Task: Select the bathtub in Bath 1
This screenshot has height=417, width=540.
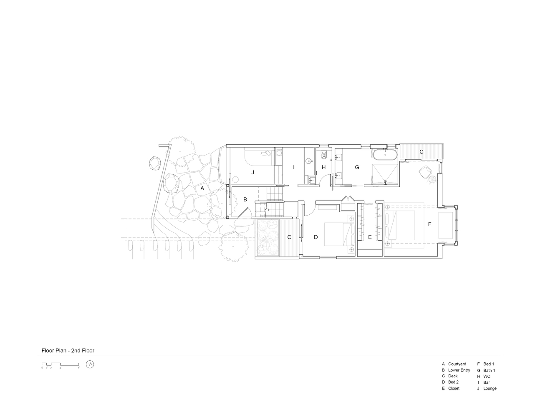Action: [x=385, y=155]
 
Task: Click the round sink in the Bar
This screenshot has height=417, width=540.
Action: [x=310, y=161]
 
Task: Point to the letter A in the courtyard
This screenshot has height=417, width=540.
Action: [x=202, y=188]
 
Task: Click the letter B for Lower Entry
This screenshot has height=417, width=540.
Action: [x=245, y=199]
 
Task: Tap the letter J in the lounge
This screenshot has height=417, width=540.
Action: [x=253, y=172]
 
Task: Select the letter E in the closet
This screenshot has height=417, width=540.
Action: [x=370, y=237]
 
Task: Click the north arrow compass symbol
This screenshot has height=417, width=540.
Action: [x=90, y=364]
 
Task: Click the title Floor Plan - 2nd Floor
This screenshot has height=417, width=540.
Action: [x=68, y=350]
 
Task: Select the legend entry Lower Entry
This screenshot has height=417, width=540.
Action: [x=459, y=370]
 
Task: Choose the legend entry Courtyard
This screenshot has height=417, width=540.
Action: [x=457, y=364]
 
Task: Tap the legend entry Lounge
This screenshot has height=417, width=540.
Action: [x=490, y=389]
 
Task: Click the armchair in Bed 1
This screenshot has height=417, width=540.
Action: [x=424, y=171]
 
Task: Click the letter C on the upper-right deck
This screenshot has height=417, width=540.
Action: [x=421, y=152]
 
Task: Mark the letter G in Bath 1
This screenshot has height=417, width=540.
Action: [x=357, y=167]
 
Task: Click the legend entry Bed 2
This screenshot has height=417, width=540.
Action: [x=453, y=382]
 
